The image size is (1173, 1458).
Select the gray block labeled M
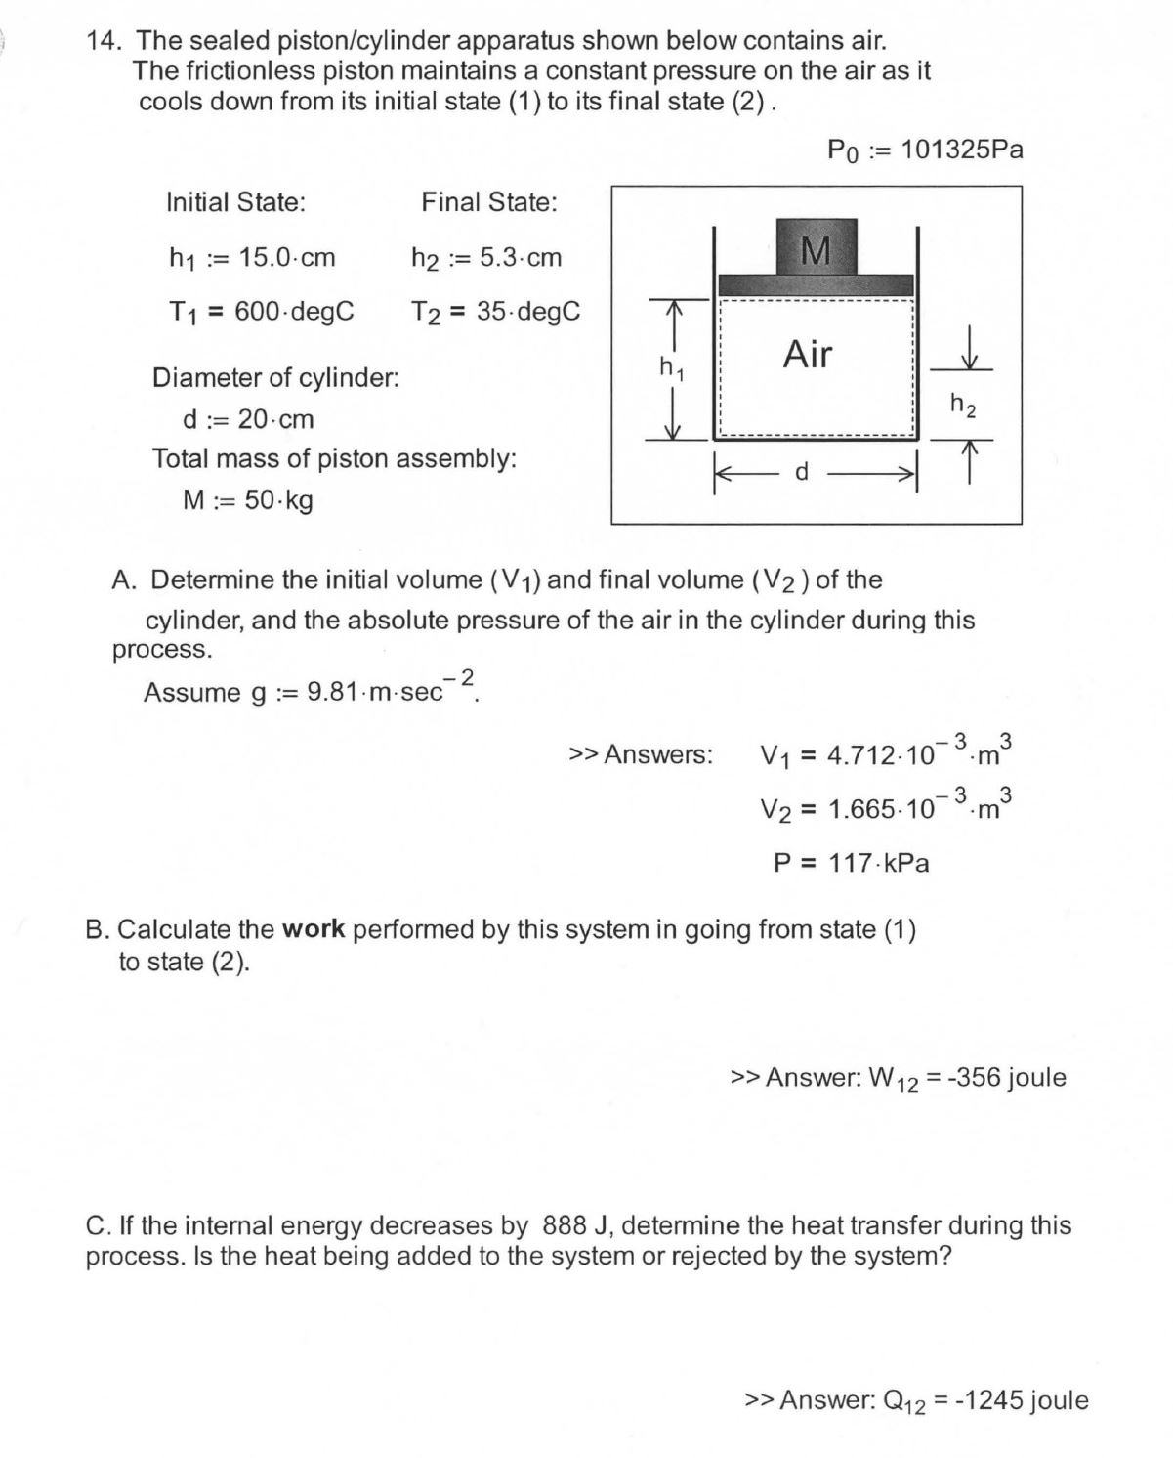(816, 248)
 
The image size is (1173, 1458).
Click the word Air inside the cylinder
(808, 354)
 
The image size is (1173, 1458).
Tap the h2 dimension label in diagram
(962, 404)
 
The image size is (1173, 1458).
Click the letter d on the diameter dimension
(802, 472)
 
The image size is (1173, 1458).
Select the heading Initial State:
(235, 202)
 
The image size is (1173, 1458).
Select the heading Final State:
(489, 202)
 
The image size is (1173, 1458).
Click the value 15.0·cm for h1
(287, 258)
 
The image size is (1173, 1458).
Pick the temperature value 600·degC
(294, 312)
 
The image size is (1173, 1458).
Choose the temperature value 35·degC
(528, 312)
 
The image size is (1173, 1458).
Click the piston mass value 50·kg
(278, 500)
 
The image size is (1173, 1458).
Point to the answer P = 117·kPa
(851, 863)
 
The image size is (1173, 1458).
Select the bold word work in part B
(314, 929)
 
